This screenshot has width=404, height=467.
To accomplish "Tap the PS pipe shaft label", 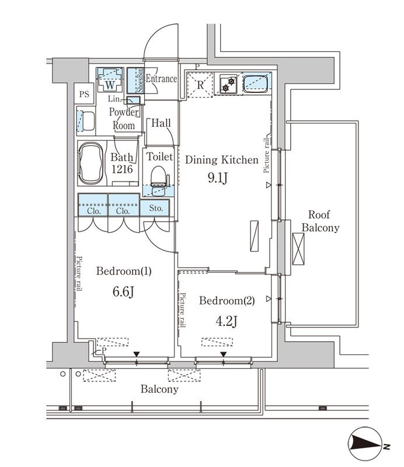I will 85,93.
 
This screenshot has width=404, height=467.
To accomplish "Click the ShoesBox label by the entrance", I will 140,81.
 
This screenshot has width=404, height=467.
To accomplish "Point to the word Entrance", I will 161,79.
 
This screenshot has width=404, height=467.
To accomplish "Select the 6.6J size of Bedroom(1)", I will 123,292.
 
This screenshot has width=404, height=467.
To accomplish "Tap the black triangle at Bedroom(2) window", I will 224,354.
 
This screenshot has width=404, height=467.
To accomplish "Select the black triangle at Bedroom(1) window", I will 137,354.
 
